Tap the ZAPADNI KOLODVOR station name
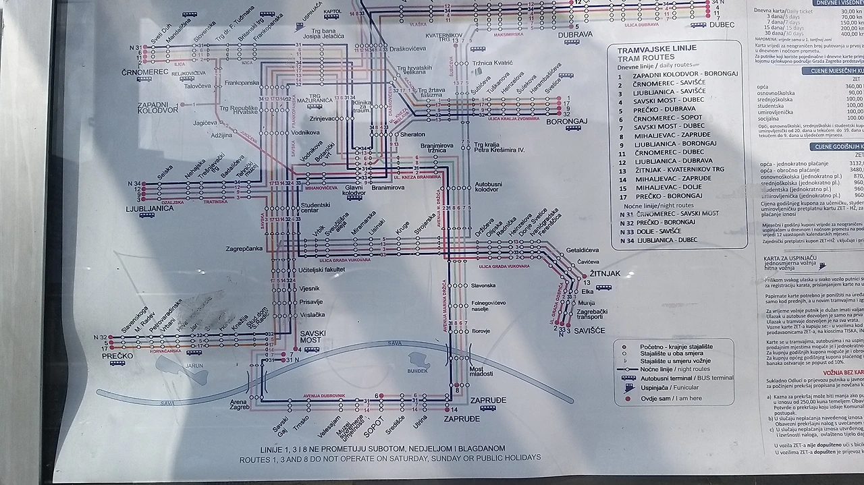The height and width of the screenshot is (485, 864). click(x=157, y=109)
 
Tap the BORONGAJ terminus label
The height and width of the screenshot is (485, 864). click(x=567, y=121)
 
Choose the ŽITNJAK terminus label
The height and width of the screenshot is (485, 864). click(x=604, y=274)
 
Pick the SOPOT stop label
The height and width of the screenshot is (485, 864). click(x=373, y=427)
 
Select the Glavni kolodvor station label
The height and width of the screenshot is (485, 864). click(x=354, y=191)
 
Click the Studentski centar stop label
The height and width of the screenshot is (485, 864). click(x=315, y=208)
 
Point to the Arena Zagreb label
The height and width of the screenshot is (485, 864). click(x=240, y=405)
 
